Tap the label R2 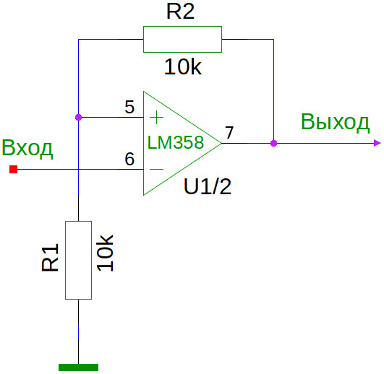tap(181, 12)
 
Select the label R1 tap(51, 258)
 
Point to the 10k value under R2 tap(183, 66)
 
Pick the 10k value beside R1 tap(105, 253)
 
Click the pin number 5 tap(129, 107)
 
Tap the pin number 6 tap(129, 159)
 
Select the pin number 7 tap(229, 133)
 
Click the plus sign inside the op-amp tap(156, 118)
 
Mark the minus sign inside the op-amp tap(156, 169)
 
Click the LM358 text tap(176, 142)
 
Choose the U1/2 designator tap(208, 187)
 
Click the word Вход tap(27, 149)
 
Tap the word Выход tap(335, 122)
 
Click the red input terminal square tap(14, 169)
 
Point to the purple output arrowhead tap(377, 143)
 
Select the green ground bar tap(78, 368)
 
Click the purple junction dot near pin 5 tap(78, 118)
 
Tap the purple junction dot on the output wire tap(274, 143)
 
